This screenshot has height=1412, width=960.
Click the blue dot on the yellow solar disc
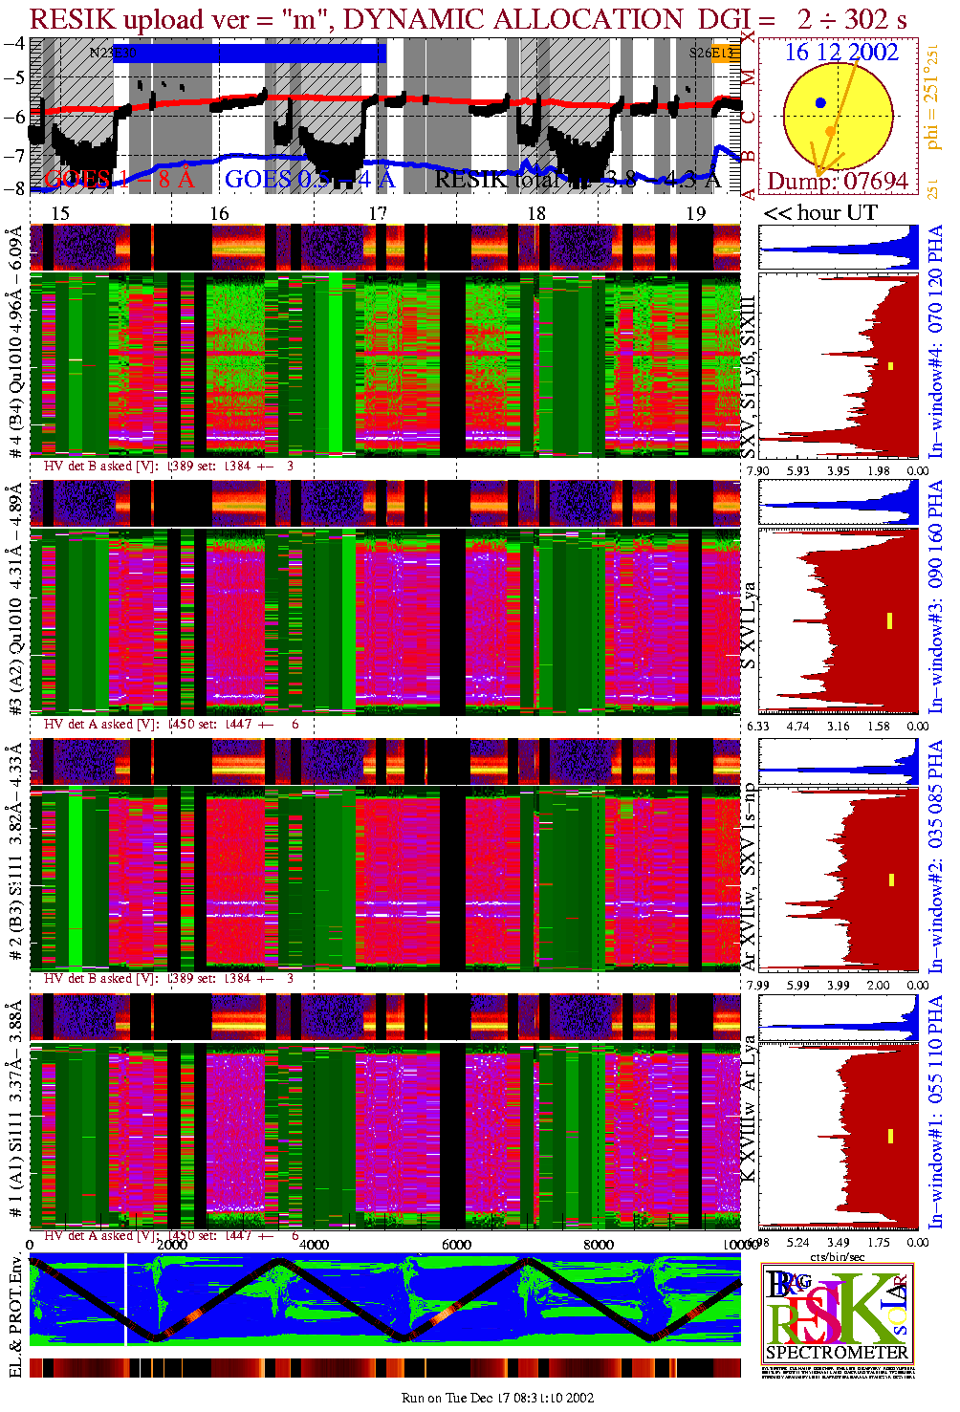[x=820, y=102]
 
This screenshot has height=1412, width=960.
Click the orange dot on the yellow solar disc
[x=831, y=131]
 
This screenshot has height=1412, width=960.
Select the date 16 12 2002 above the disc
[x=841, y=53]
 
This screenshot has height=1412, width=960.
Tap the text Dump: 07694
[x=837, y=181]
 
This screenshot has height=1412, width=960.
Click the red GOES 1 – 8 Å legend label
[x=119, y=179]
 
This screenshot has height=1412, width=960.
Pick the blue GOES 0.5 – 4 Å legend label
[x=309, y=179]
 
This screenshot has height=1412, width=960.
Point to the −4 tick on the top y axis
[x=14, y=44]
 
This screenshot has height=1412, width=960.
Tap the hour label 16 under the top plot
[x=219, y=213]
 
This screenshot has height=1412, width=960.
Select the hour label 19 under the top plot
[x=695, y=213]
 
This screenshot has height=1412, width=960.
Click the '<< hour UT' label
[x=819, y=213]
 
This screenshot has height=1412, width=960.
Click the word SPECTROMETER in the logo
[x=837, y=1353]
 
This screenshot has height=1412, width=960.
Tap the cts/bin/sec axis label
[x=838, y=1256]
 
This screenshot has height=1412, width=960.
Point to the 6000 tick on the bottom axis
[x=456, y=1245]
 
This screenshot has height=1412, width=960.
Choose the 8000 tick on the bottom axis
[x=599, y=1245]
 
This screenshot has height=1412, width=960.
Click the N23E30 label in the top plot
[x=112, y=54]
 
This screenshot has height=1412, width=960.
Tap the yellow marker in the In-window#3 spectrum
[x=890, y=620]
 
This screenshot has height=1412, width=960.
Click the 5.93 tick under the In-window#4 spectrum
[x=797, y=470]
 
